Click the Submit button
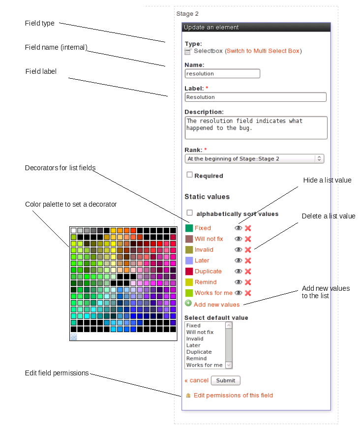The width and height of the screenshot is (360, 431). pos(225,380)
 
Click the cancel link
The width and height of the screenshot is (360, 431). pos(196,380)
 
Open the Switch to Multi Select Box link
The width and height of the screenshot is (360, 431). pos(263,51)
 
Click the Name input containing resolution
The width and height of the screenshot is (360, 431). pos(222,73)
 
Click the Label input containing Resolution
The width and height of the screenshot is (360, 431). pos(255,97)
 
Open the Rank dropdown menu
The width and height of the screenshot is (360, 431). pos(254,158)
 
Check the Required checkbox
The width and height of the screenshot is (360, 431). pos(189,175)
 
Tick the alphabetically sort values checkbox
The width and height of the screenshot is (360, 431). pos(189,213)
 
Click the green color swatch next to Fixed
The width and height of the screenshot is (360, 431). pos(189,228)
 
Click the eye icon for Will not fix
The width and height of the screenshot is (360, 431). pos(239,239)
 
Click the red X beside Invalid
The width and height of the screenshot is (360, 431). pos(248,249)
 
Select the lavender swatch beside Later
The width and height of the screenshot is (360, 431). pos(189,260)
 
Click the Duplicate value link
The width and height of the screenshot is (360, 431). pos(208,271)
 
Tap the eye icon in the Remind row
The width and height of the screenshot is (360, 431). pos(239,282)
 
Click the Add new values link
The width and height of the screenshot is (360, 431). pos(216,305)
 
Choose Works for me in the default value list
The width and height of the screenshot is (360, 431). pos(204,365)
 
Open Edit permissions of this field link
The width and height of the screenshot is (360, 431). pos(233,395)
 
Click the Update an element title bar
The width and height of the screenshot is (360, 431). pos(256,28)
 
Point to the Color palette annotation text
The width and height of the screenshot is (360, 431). pos(71,204)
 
